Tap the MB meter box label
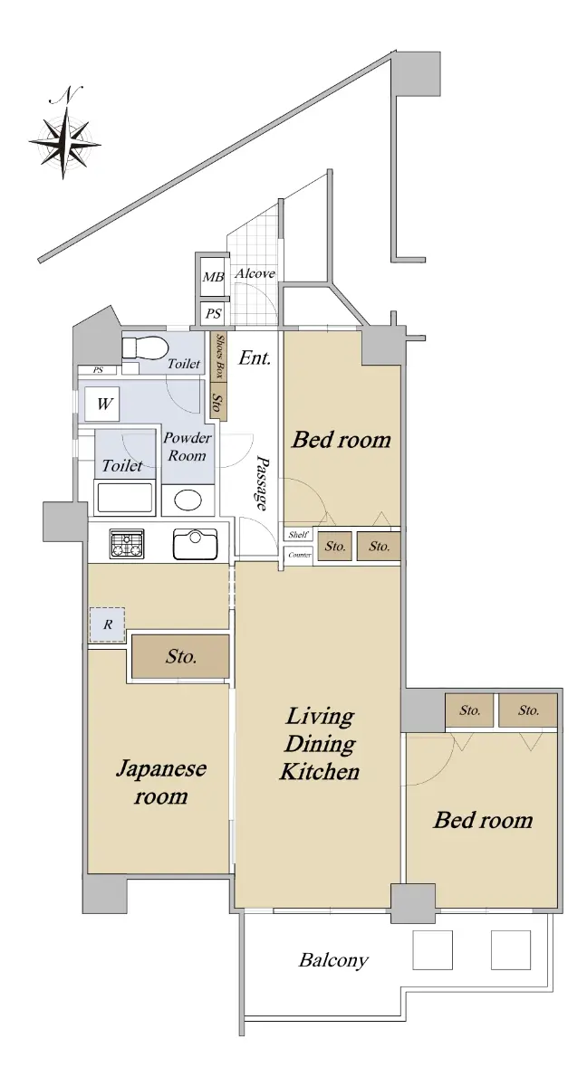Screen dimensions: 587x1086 [213, 277]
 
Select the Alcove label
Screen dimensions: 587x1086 [255, 273]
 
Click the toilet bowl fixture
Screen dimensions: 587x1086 [144, 348]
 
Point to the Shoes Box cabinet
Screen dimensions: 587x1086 [219, 357]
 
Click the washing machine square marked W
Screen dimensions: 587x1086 [102, 404]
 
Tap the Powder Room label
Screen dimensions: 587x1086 [187, 446]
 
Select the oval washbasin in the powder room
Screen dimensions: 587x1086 [188, 500]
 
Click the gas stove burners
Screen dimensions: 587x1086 [127, 544]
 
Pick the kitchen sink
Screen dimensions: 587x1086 [195, 544]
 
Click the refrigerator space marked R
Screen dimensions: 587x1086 [107, 624]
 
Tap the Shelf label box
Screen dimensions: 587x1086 [298, 535]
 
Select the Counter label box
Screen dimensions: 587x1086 [299, 555]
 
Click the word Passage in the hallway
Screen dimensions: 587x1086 [263, 482]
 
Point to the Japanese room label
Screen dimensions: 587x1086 [161, 782]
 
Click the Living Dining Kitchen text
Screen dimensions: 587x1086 [319, 743]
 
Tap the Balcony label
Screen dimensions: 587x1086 [333, 959]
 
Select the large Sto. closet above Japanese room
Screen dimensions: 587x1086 [180, 656]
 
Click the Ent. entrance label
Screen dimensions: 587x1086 [255, 357]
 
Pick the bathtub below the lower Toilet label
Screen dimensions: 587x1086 [125, 498]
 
